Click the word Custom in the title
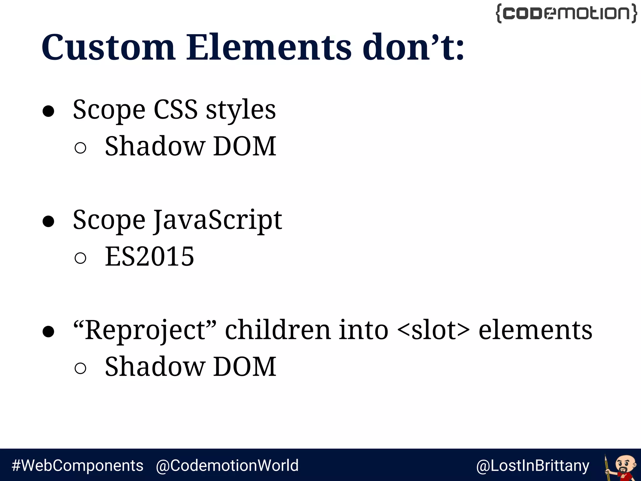click(108, 48)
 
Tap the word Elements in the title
click(269, 48)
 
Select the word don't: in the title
click(413, 48)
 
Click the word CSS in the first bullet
click(176, 110)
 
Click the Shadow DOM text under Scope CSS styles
click(190, 146)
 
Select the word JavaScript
click(218, 220)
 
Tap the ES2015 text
click(149, 256)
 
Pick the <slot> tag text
click(433, 330)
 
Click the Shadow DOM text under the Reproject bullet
click(190, 367)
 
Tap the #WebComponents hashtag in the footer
click(77, 465)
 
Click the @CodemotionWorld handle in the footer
click(227, 465)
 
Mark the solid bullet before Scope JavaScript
click(49, 221)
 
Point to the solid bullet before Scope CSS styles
click(49, 111)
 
